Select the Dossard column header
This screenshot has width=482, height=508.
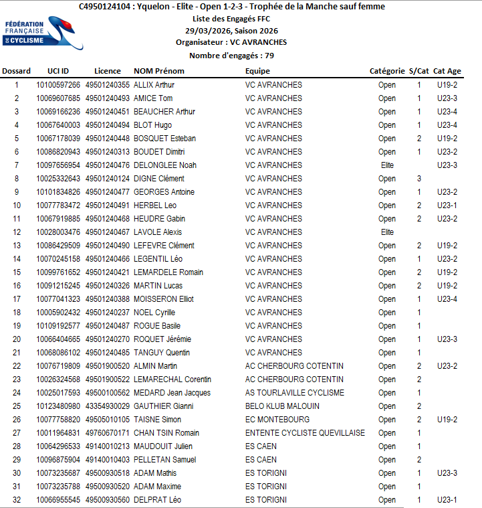point(17,71)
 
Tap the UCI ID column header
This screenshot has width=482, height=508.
point(58,71)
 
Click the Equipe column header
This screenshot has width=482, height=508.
point(257,71)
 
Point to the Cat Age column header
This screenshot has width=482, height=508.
point(447,71)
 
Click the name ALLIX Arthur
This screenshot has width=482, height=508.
point(154,85)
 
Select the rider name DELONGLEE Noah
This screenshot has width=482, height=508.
point(165,165)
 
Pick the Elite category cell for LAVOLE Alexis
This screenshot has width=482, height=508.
point(387,232)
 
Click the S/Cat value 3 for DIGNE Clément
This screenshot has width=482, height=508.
point(419,179)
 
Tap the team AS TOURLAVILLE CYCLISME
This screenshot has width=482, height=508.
point(295,393)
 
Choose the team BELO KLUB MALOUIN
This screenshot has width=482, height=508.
point(282,406)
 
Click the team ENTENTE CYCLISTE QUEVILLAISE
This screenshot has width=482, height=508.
point(305,433)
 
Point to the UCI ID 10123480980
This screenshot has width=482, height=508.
point(58,406)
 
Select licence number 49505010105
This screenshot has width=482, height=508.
point(108,420)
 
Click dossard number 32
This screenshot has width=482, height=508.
point(17,500)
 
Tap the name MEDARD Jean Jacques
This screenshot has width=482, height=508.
point(172,393)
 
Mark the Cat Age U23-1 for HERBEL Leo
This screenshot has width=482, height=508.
point(447,205)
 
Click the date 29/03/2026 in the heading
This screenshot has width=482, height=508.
point(207,31)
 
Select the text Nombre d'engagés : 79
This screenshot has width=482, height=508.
point(231,56)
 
